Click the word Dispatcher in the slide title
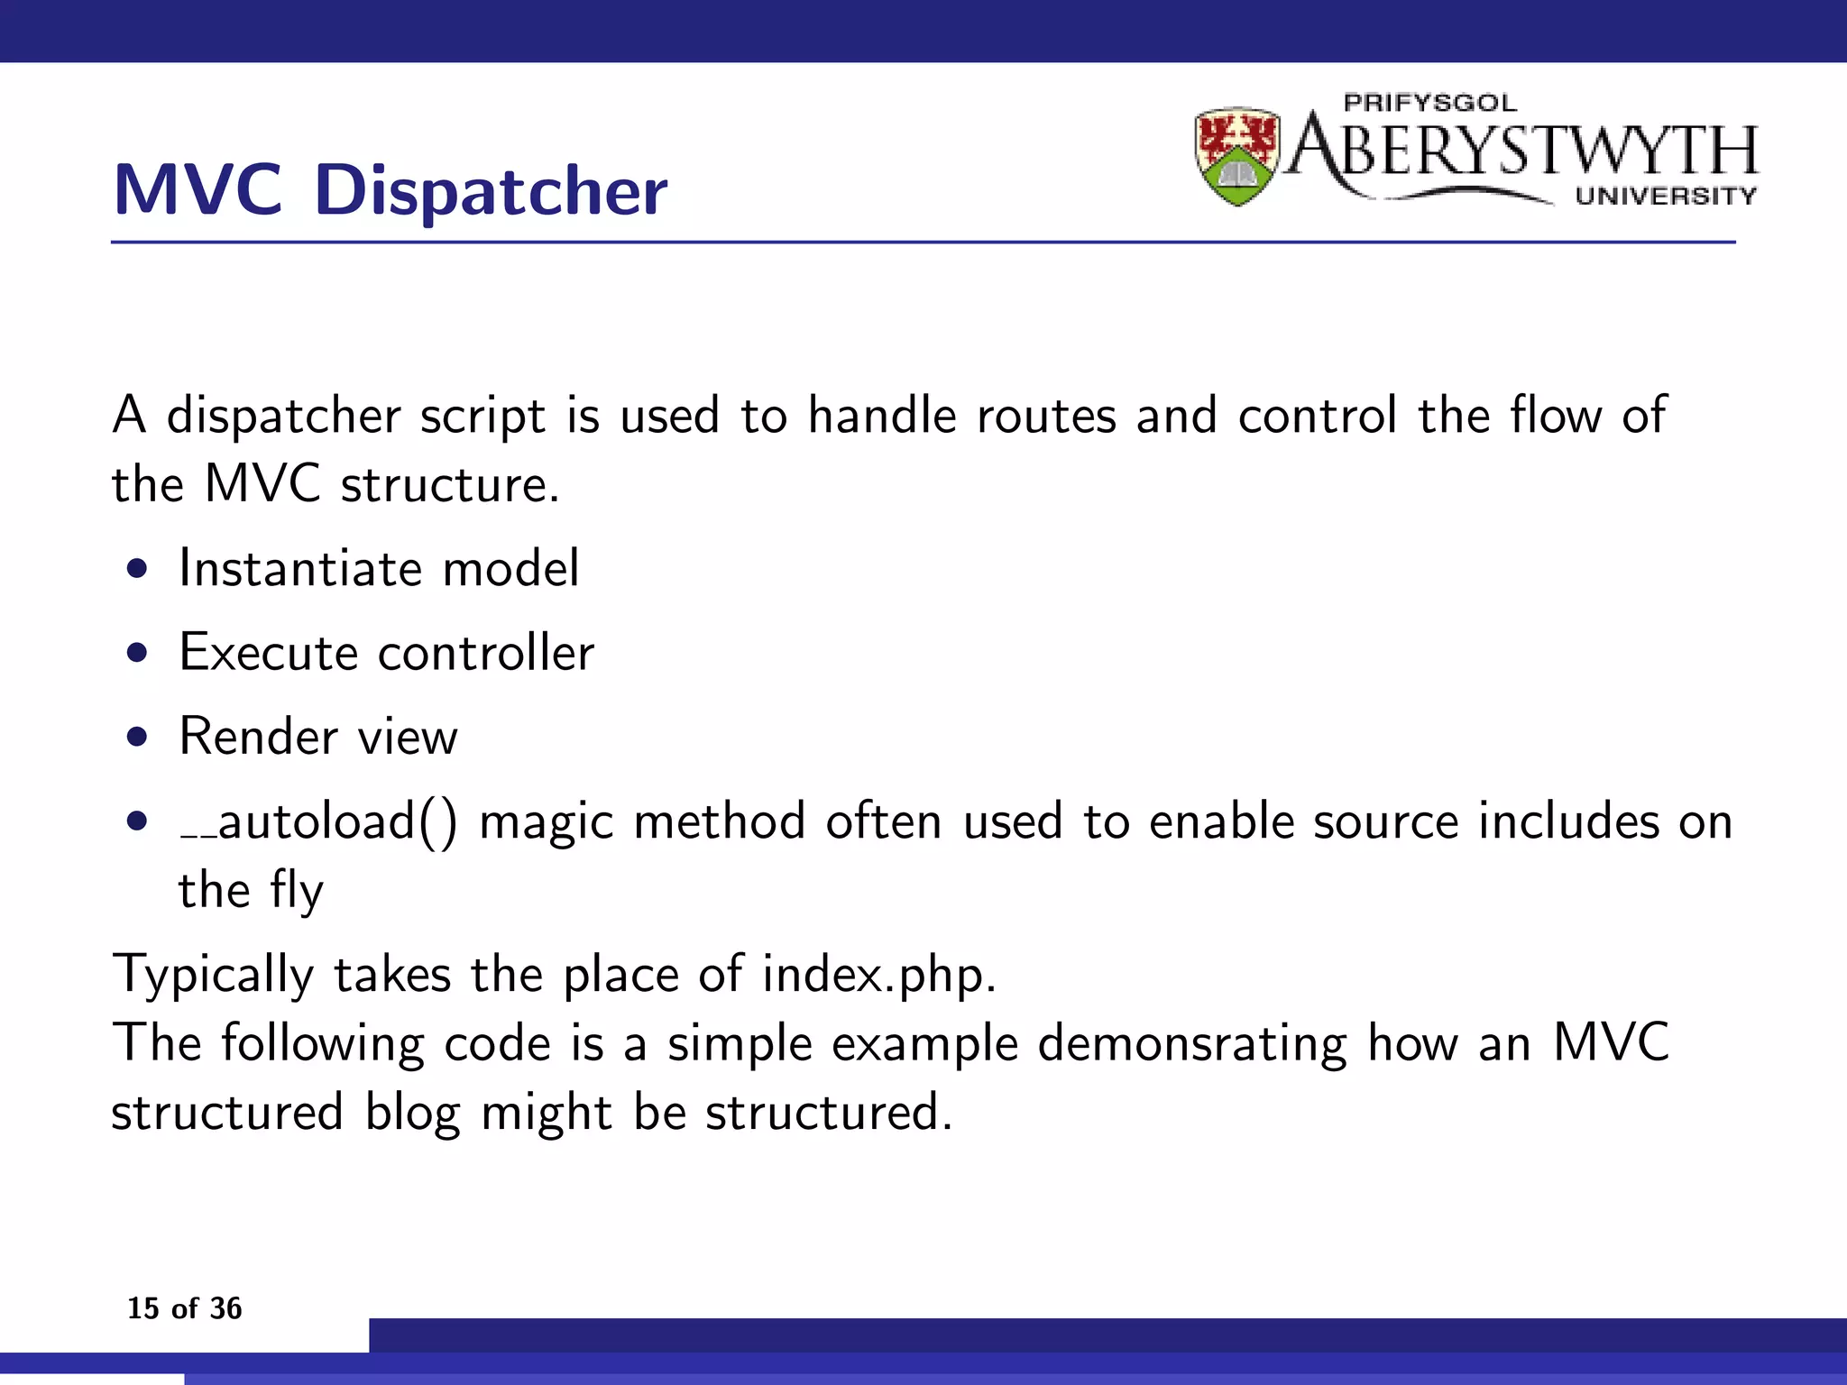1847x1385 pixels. (492, 191)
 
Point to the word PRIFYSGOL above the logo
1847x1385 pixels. (1429, 103)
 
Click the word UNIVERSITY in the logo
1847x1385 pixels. (1666, 196)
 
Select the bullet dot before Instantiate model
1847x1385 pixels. (137, 569)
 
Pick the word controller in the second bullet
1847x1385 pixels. (486, 653)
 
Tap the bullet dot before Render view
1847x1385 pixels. (137, 738)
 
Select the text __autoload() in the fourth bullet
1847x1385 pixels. (318, 822)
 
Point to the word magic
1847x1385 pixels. (546, 822)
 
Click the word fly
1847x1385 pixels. (297, 891)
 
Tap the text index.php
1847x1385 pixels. (878, 975)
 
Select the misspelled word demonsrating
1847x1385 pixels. (1192, 1044)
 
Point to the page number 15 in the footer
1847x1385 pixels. (142, 1307)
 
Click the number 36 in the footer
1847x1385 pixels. (225, 1307)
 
